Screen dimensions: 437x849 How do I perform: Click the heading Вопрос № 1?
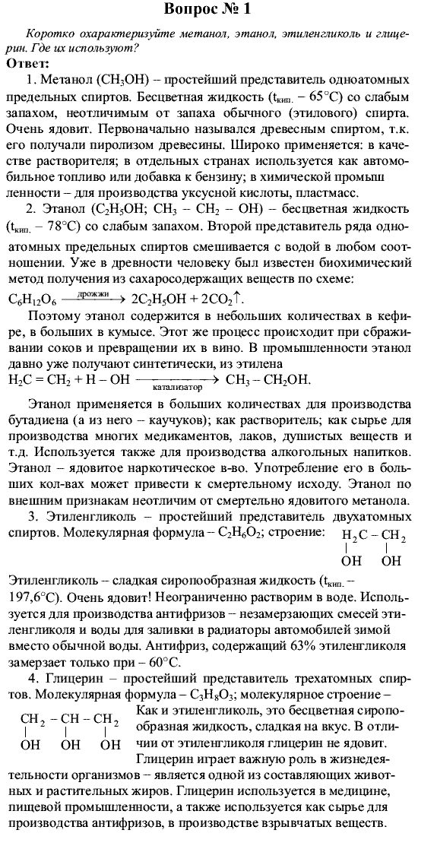pyautogui.click(x=220, y=10)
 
